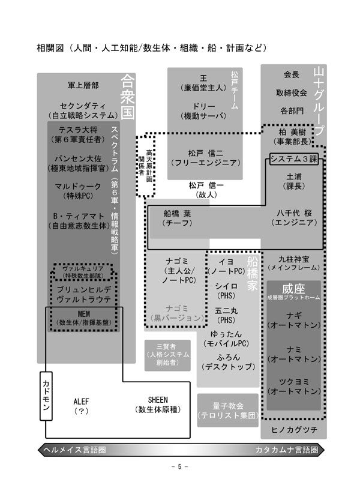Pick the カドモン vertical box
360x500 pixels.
coord(47,394)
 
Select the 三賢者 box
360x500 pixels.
coord(166,354)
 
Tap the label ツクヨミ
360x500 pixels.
coord(294,381)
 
